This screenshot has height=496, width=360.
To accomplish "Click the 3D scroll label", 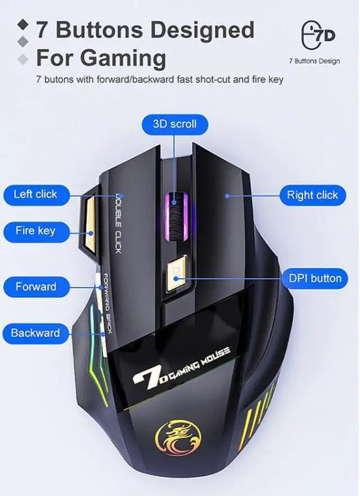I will (x=175, y=124).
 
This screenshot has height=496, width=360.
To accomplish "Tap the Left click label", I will (x=35, y=194).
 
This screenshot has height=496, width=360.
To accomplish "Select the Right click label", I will (x=312, y=195).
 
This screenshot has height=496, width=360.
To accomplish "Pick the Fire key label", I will (x=35, y=230).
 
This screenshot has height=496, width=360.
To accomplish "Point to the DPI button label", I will (x=315, y=278).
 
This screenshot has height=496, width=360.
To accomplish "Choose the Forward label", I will (x=36, y=286).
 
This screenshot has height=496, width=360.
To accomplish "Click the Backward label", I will (x=35, y=333).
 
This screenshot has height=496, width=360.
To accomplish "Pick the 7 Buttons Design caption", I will (x=314, y=61).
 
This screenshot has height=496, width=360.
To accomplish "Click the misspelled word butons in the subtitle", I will (x=57, y=79).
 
